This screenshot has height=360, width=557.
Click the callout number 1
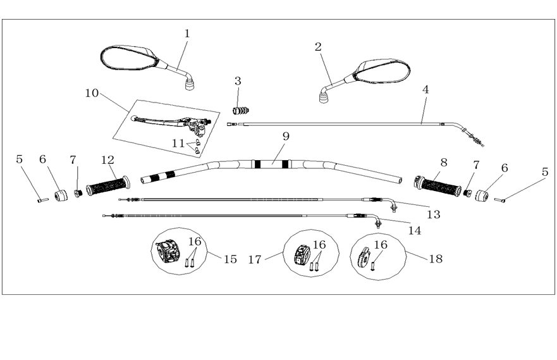point(187,34)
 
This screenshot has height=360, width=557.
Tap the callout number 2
point(318,46)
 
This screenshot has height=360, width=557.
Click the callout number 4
point(425,90)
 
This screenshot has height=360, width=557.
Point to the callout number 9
point(286,136)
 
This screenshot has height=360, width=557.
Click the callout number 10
point(92,93)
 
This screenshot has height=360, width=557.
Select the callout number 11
point(178,144)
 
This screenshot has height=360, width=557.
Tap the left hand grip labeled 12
point(107,185)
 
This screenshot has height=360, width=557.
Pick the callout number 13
point(433,214)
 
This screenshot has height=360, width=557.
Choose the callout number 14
point(414,231)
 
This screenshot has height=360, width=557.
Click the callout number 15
point(231,259)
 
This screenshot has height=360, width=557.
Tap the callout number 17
point(255,259)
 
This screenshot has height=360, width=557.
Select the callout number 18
point(436,259)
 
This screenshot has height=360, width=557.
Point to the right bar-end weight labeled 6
point(483,195)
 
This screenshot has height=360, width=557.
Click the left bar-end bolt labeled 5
point(41,201)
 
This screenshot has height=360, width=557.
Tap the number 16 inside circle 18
point(381,245)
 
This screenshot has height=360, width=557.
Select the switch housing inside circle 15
point(168,251)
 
